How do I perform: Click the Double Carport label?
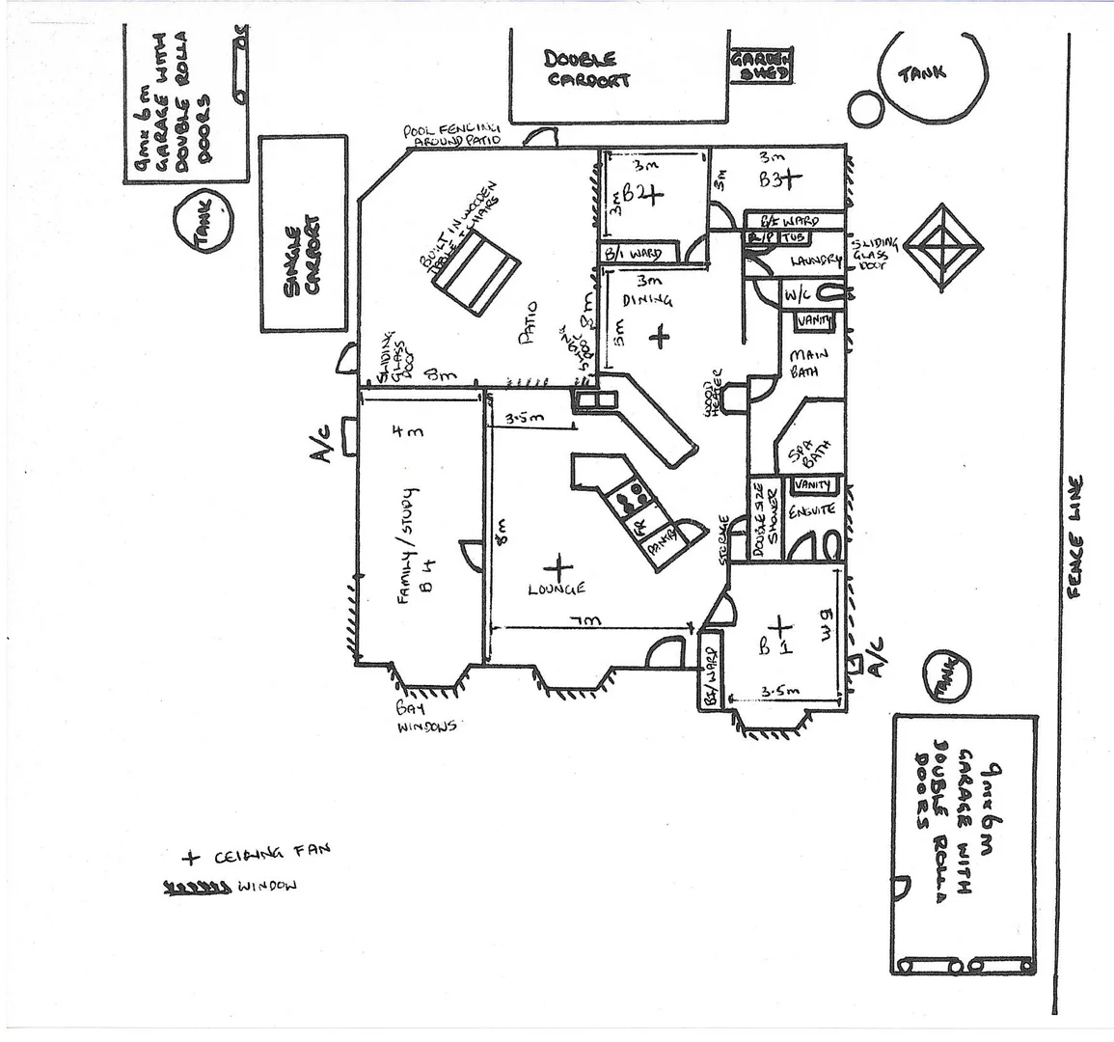tap(587, 69)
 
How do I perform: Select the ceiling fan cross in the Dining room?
tap(659, 337)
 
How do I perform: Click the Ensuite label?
tap(812, 509)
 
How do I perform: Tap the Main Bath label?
tap(804, 362)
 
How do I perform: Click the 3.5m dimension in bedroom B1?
tap(776, 691)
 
